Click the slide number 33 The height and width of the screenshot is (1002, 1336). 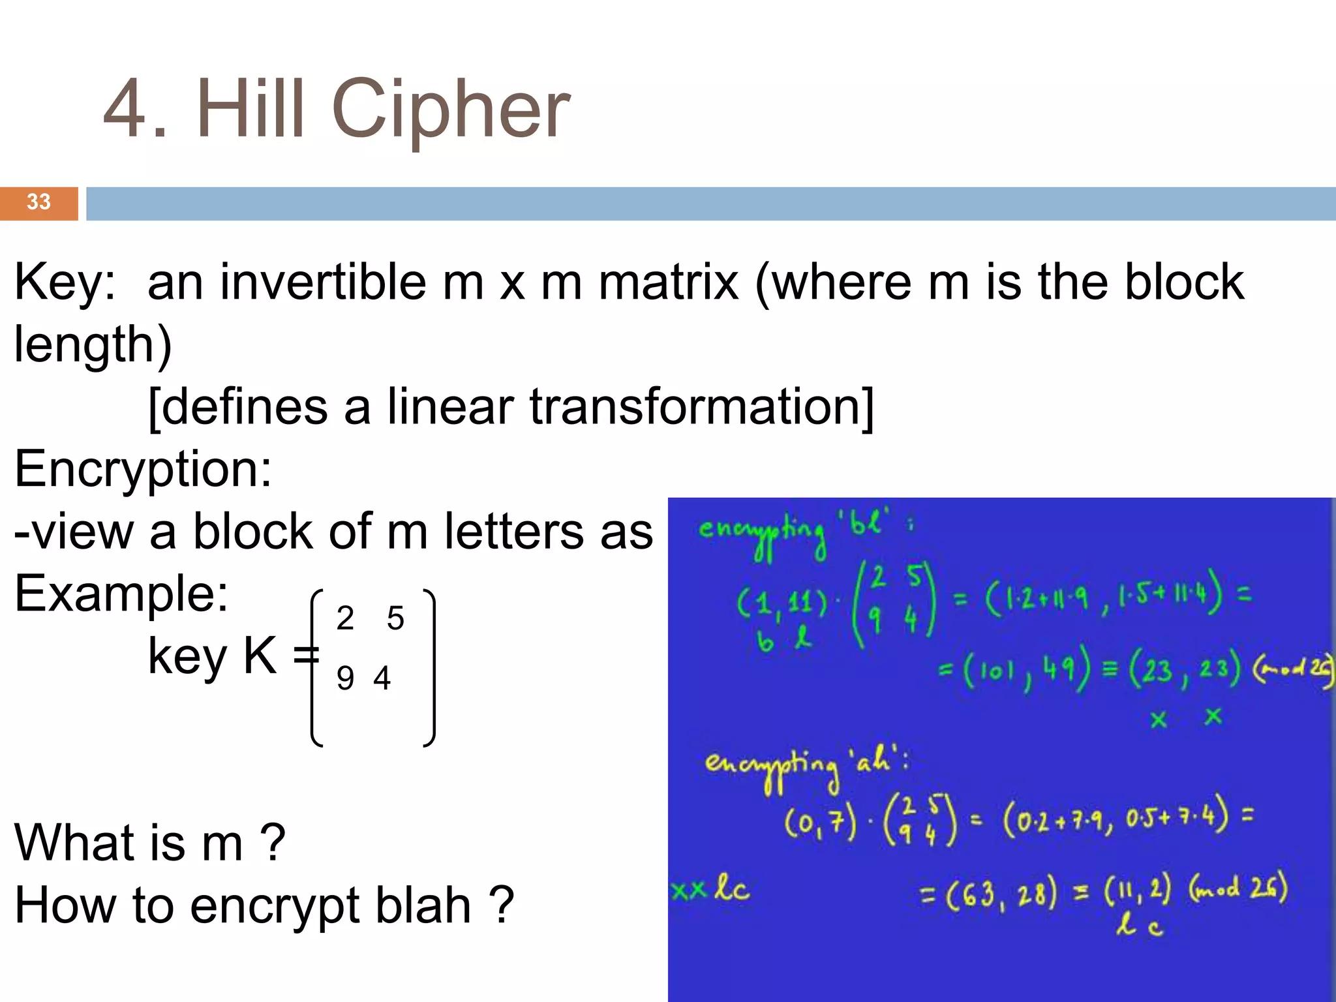tap(38, 202)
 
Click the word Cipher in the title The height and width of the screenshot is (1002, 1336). tap(451, 110)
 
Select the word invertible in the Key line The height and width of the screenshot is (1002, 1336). tap(323, 282)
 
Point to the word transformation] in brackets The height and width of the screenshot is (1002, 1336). tap(701, 406)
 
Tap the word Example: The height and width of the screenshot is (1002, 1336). tap(121, 594)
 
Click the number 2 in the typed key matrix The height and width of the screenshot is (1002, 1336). tap(345, 618)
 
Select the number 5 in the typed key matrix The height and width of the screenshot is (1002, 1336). tap(395, 618)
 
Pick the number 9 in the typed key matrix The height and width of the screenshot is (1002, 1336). tap(345, 678)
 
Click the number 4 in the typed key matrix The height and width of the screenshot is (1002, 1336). tap(382, 678)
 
